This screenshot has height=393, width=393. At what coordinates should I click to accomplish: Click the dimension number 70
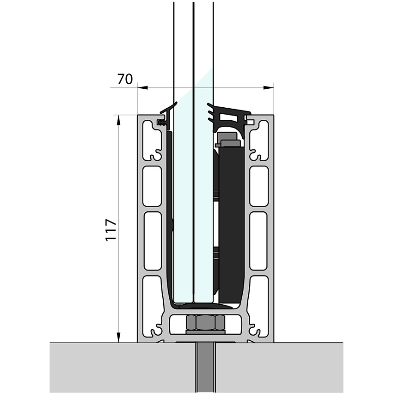click(x=124, y=80)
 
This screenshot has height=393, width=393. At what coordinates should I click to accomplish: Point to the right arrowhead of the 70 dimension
click(x=270, y=87)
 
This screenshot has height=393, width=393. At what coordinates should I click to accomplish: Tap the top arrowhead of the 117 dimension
click(x=119, y=119)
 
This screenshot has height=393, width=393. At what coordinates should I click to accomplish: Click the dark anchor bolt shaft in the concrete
click(x=206, y=368)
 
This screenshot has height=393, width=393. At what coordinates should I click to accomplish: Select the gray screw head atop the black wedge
click(x=229, y=138)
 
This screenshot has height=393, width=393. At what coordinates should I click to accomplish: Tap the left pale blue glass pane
click(x=183, y=208)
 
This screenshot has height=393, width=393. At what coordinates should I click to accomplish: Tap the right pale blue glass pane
click(x=203, y=208)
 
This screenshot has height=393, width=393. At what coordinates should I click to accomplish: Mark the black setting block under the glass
click(x=203, y=306)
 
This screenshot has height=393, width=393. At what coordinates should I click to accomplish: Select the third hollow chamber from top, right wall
click(x=258, y=241)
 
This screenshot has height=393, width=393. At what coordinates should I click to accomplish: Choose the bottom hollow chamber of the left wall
click(x=152, y=296)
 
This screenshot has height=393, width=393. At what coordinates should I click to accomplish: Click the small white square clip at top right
click(x=250, y=123)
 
